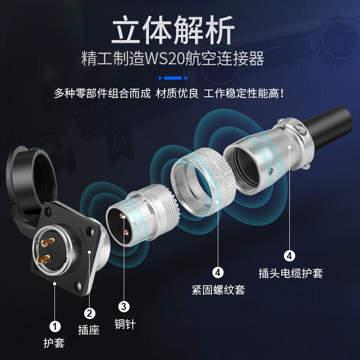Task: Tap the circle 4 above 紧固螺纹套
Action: [x=218, y=272]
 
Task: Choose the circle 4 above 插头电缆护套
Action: [x=289, y=256]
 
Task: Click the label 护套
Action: [x=54, y=343]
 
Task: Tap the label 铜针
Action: [x=125, y=324]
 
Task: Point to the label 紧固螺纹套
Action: [x=218, y=289]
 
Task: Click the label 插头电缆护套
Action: [x=291, y=273]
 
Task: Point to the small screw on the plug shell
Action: [x=270, y=171]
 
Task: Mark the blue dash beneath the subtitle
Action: [x=173, y=77]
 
